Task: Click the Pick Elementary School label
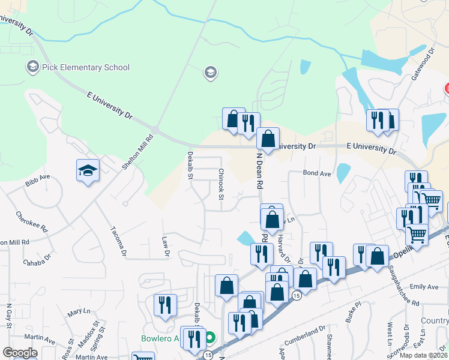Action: click(86, 67)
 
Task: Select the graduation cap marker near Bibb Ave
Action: click(88, 172)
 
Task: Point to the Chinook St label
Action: click(221, 183)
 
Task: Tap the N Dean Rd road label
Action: click(260, 172)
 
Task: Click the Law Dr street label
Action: click(166, 245)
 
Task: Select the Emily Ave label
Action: click(424, 287)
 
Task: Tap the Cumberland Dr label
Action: click(306, 334)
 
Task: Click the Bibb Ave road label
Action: click(37, 182)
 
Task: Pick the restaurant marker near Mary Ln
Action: click(164, 305)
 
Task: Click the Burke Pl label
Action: click(351, 313)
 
